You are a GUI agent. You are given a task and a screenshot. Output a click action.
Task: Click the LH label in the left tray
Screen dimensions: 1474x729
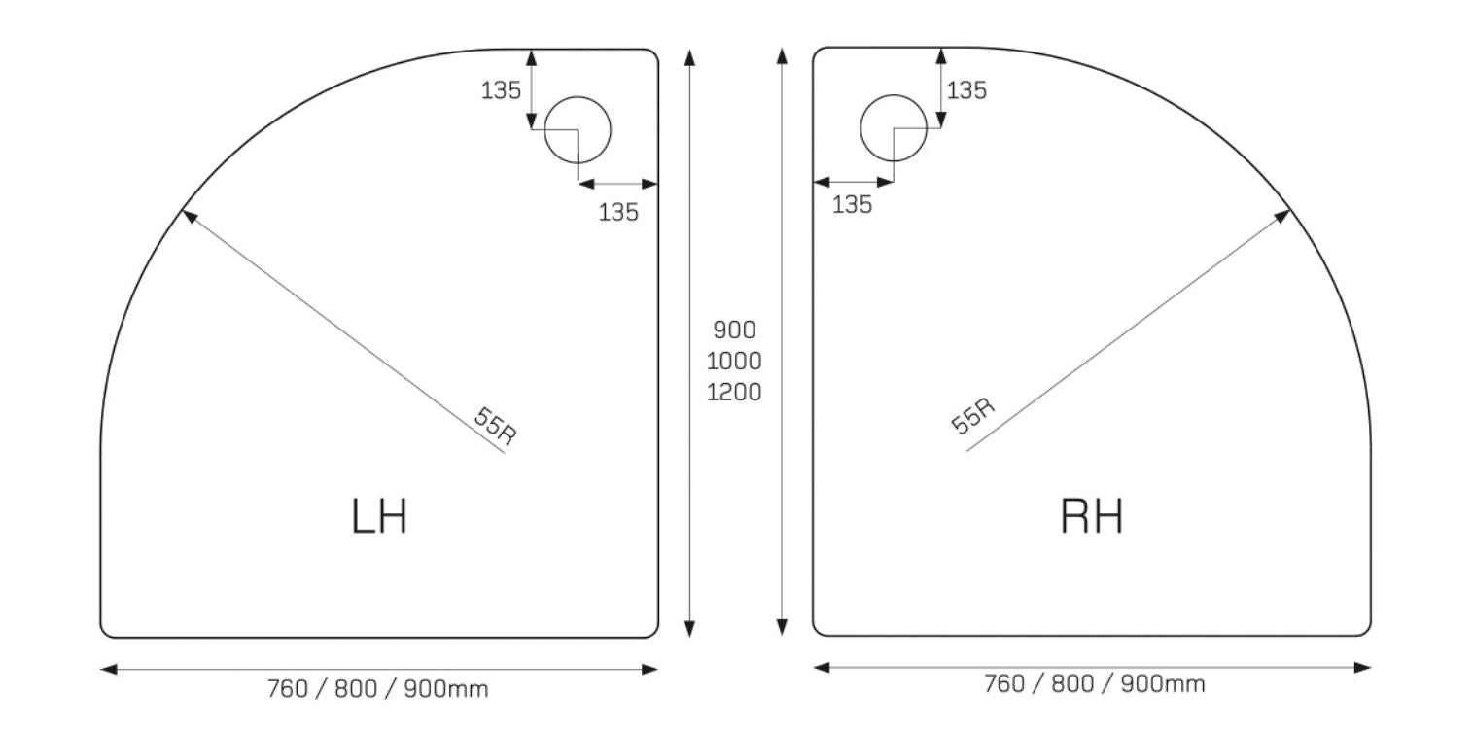(x=380, y=516)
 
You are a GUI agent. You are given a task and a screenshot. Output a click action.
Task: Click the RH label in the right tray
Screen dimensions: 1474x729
(x=1092, y=516)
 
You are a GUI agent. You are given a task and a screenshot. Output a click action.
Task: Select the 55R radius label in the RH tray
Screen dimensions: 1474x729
(x=972, y=415)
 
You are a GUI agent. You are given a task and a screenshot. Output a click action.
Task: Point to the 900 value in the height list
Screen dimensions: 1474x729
(x=734, y=330)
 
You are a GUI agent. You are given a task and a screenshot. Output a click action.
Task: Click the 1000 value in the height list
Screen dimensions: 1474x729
(x=734, y=361)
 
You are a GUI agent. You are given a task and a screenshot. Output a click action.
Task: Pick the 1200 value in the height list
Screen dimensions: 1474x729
(x=734, y=392)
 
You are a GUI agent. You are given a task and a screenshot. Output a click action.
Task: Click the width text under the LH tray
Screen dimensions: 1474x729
(x=377, y=689)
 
